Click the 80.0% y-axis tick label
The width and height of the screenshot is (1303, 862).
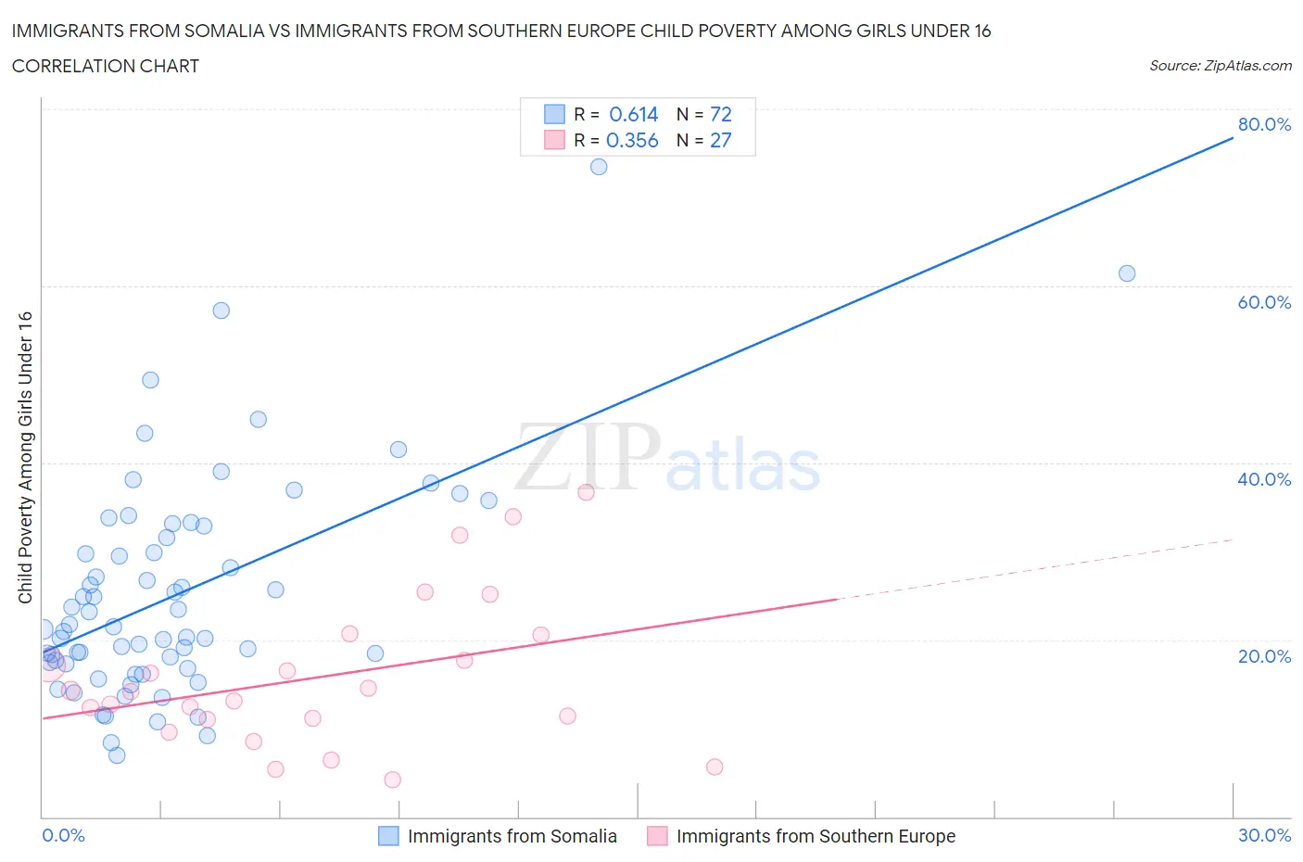[x=1264, y=124]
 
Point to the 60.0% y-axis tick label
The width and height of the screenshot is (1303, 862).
[x=1264, y=302]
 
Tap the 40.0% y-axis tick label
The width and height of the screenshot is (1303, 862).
[x=1264, y=479]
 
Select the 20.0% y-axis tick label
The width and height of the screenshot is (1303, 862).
[x=1264, y=656]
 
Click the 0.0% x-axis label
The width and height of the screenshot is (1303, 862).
[x=63, y=835]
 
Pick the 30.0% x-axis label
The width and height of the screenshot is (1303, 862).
[x=1264, y=835]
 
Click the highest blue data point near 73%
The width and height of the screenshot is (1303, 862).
[x=599, y=167]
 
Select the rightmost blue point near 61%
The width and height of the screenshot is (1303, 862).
[x=1127, y=273]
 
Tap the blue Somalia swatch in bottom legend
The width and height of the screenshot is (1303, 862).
[x=388, y=836]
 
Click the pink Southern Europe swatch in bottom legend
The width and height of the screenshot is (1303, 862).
[x=657, y=836]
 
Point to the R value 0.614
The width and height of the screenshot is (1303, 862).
[x=633, y=114]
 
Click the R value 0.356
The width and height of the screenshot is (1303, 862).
[x=632, y=140]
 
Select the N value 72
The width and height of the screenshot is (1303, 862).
[x=720, y=114]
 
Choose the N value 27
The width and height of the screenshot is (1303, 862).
[x=720, y=140]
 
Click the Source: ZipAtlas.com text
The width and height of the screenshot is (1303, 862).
[x=1220, y=65]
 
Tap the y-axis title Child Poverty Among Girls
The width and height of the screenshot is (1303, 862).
[x=25, y=457]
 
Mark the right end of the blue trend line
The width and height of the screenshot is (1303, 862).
[x=1233, y=138]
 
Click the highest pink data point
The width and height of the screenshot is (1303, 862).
[x=586, y=492]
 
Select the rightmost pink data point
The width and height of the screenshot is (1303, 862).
[x=715, y=767]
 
